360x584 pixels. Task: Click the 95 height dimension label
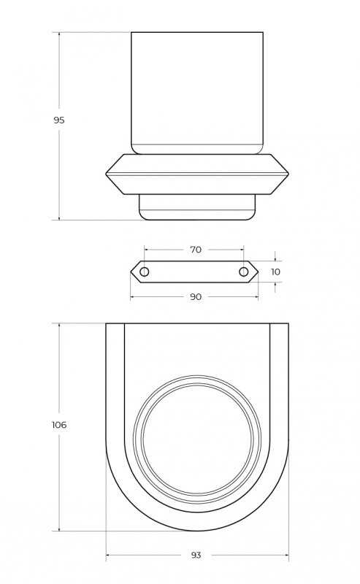coord(59,120)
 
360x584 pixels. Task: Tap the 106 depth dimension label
coord(59,425)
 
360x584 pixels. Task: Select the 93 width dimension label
coord(196,556)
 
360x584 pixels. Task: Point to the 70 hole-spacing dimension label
coord(196,250)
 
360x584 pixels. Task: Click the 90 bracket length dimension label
coord(196,297)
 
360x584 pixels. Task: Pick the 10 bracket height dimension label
coord(275,272)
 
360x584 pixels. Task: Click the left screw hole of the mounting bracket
coord(145,272)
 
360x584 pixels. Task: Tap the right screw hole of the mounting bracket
coord(243,272)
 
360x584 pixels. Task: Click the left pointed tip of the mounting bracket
coord(131,272)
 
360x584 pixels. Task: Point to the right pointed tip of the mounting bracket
coord(258,272)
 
